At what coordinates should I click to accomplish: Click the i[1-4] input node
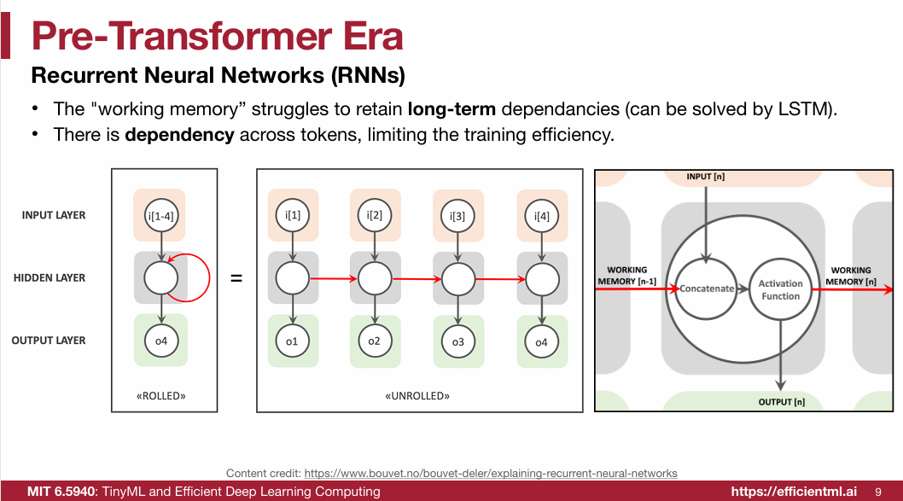(160, 215)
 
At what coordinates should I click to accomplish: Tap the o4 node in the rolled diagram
(160, 341)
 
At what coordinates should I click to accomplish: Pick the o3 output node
(458, 342)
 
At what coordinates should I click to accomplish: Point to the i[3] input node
(457, 215)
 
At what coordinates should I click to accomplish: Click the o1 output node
(292, 341)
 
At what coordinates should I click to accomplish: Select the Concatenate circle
(707, 288)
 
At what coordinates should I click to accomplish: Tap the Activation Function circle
(780, 289)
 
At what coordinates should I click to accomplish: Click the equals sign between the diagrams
(237, 278)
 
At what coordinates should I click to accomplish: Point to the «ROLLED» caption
(161, 396)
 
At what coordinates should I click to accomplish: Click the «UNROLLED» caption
(417, 396)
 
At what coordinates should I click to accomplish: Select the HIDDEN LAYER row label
(49, 277)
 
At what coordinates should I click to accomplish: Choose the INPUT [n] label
(706, 177)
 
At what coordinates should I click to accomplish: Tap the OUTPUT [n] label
(781, 401)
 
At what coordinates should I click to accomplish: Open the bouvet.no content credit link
(491, 473)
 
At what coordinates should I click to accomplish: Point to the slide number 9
(878, 492)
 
